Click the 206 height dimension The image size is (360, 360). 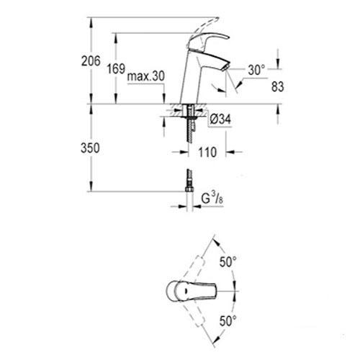[91, 61]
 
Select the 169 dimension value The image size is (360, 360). [116, 69]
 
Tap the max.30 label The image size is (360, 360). [146, 76]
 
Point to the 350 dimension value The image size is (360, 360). [90, 148]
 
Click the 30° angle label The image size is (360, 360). [256, 70]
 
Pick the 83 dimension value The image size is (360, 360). [278, 86]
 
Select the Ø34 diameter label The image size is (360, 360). [220, 120]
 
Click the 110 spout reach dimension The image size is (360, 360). [207, 152]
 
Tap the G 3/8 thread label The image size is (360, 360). [212, 199]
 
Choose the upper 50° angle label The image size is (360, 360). [228, 261]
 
